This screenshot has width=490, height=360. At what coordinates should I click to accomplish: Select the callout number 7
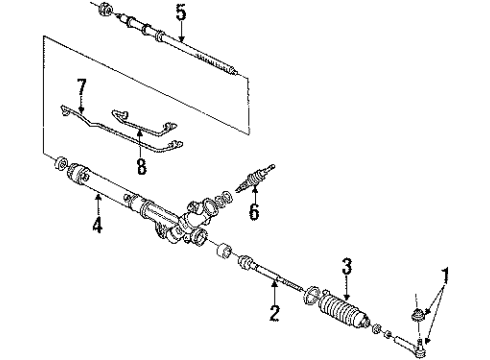click(x=81, y=88)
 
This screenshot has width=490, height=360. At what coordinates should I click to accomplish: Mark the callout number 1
click(x=445, y=273)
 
